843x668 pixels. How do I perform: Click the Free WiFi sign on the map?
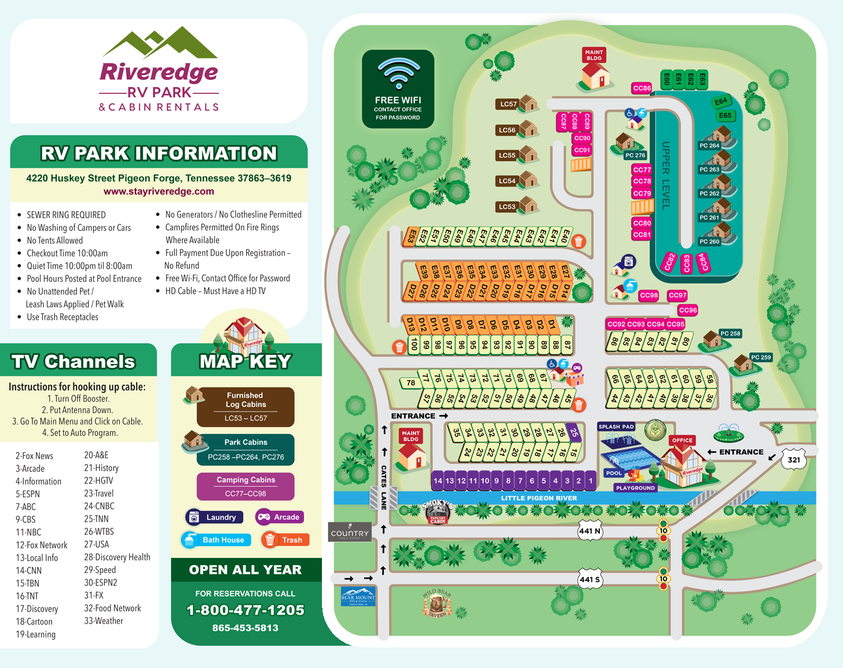tap(398, 89)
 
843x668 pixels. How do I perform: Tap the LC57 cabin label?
tap(508, 104)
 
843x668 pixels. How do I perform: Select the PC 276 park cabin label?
tap(635, 155)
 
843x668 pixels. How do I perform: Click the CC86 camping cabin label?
tap(642, 88)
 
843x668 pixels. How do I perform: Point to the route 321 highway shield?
tap(794, 460)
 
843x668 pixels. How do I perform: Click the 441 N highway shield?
tap(590, 531)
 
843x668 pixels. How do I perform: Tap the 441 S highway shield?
tap(590, 580)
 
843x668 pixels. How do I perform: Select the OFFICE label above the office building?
tap(682, 440)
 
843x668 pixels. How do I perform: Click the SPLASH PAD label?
tap(616, 427)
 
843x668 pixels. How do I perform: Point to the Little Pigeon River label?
tap(539, 498)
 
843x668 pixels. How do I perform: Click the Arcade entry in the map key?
tap(280, 517)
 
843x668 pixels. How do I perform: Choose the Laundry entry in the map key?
tap(214, 517)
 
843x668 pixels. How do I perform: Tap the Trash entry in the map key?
tap(285, 540)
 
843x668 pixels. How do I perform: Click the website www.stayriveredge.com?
tap(159, 191)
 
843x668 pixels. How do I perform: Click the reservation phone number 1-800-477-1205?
tap(245, 610)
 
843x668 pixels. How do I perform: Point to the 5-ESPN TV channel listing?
tap(28, 494)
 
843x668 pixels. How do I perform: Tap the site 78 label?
tap(410, 382)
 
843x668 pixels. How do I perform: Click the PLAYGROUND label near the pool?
tap(635, 488)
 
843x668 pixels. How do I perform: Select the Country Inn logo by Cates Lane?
tap(350, 533)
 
